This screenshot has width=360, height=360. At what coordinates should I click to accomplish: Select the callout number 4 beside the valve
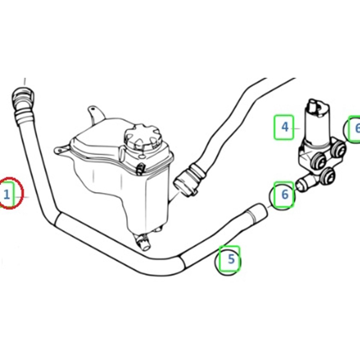point(285,127)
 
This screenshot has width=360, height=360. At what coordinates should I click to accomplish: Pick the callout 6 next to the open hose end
point(284,195)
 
